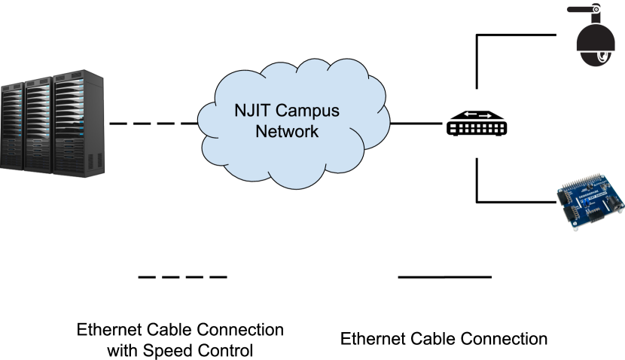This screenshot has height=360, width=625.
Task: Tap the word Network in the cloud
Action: click(x=287, y=132)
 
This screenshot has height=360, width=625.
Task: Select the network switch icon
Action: click(x=476, y=123)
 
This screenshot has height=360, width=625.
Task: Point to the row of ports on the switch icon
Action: click(x=476, y=130)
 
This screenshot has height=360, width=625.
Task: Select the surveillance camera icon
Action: click(x=589, y=35)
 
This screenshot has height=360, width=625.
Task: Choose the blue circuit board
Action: click(x=590, y=202)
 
